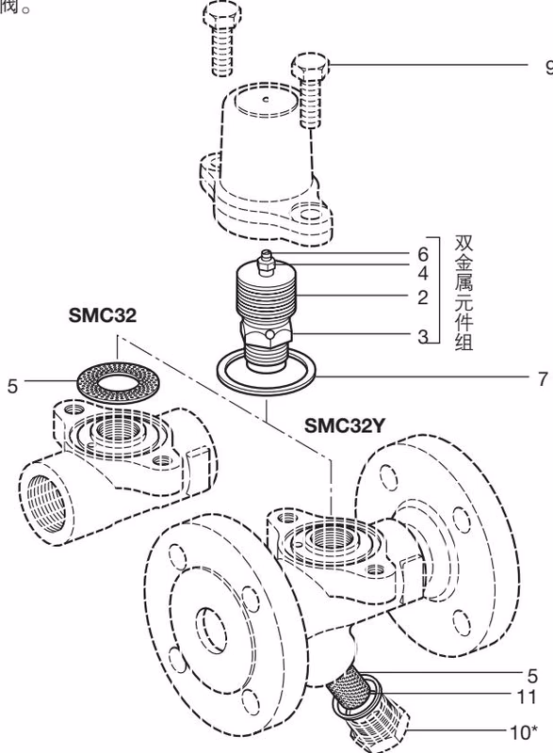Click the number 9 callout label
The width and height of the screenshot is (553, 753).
point(547,67)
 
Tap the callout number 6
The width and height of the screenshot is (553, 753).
point(423,255)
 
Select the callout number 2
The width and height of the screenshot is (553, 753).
point(423,297)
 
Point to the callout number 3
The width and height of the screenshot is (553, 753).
point(423,337)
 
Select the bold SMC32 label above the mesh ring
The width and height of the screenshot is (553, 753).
point(102,315)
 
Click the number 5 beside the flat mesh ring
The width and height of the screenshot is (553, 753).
point(12,385)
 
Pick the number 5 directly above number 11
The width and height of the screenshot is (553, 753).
point(532,675)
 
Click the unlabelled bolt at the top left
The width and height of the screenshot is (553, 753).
point(220,38)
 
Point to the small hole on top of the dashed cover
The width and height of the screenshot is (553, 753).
point(267,99)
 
